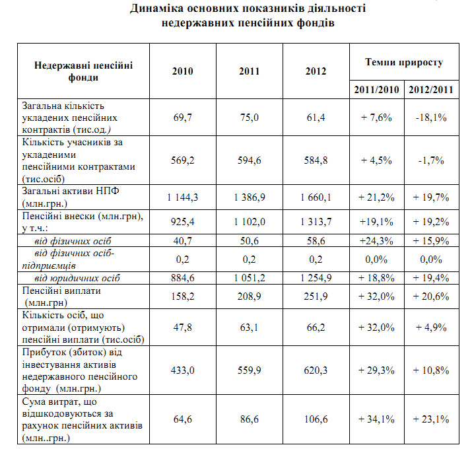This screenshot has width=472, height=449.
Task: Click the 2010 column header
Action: click(182, 71)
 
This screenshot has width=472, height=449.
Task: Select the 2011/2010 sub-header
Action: click(376, 89)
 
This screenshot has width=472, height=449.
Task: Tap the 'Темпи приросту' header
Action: click(404, 62)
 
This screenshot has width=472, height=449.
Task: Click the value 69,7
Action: click(182, 117)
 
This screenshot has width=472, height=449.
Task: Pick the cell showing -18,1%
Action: click(431, 117)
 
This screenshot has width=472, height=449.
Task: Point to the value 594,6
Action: click(250, 160)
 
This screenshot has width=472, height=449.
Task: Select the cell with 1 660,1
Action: click(316, 197)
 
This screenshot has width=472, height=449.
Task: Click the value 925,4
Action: click(182, 222)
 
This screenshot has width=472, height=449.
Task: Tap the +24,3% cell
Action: click(376, 241)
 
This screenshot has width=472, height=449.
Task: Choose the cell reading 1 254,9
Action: click(316, 277)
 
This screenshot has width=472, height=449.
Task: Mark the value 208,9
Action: click(250, 296)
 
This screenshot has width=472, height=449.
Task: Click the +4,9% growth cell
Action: click(431, 328)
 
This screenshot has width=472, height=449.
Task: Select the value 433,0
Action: click(182, 370)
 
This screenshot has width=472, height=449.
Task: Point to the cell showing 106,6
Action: click(316, 419)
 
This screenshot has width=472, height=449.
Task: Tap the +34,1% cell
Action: click(376, 419)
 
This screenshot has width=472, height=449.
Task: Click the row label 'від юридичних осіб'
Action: click(77, 278)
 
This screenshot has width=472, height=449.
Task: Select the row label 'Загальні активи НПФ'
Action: click(71, 191)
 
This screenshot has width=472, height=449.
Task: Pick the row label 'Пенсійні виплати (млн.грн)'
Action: click(61, 296)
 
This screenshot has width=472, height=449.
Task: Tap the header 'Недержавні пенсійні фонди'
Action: click(83, 71)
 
